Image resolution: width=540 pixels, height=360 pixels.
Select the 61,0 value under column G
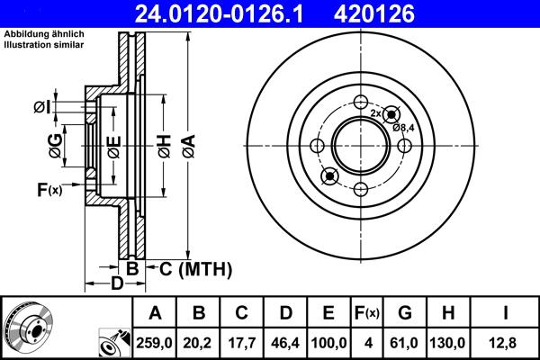pos(404,343)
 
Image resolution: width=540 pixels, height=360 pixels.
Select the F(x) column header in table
pos(366,313)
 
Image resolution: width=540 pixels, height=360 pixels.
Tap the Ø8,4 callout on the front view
pos(403,127)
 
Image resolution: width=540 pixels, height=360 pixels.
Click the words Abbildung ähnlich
pos(37,35)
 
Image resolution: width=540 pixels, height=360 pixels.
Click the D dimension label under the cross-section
pos(116,284)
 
